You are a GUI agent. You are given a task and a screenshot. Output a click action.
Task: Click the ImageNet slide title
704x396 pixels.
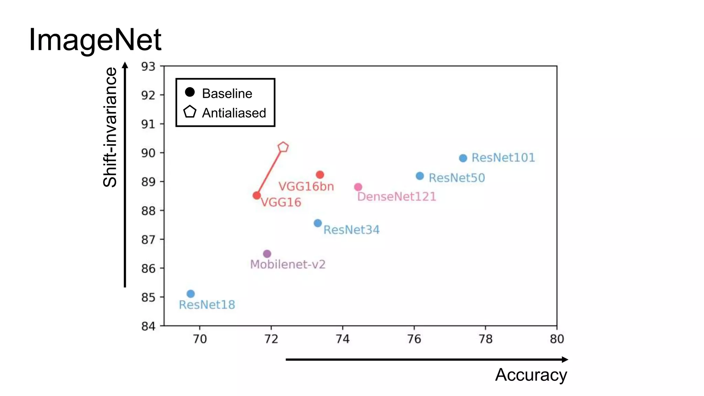tap(95, 40)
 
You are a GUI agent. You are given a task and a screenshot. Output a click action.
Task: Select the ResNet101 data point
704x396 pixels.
tap(463, 158)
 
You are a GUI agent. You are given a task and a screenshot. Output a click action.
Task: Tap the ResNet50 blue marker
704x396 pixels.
tap(420, 176)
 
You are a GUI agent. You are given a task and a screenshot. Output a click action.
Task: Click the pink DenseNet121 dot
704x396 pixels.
tap(358, 187)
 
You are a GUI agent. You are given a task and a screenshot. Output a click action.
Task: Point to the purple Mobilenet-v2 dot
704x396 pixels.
tap(267, 254)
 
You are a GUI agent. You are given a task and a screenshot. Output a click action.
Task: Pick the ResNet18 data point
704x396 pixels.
tap(191, 294)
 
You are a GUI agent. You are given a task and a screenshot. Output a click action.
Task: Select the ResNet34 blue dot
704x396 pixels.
tap(318, 223)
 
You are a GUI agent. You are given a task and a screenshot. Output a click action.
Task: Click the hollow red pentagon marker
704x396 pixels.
tap(283, 147)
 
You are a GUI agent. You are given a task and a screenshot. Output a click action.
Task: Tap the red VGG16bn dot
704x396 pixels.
tap(320, 175)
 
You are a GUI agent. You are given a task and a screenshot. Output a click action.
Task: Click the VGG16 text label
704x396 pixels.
tap(281, 202)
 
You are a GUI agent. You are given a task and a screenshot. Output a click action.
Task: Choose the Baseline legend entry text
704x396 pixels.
tap(227, 93)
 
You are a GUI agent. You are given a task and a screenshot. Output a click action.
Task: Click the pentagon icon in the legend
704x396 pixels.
tap(190, 112)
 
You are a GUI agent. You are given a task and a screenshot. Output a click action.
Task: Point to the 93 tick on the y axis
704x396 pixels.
tap(148, 66)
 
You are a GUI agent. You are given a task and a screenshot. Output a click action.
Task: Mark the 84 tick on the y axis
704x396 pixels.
tap(148, 326)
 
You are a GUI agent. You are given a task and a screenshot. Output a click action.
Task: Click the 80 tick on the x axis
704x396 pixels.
tap(557, 339)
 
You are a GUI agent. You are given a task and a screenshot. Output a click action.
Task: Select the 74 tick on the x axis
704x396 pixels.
tap(342, 339)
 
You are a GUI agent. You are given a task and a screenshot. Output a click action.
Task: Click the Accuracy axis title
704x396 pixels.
tap(531, 375)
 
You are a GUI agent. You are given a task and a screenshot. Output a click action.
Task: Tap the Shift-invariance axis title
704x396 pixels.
tap(110, 127)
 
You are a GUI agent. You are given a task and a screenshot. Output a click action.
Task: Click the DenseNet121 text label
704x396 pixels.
tap(396, 197)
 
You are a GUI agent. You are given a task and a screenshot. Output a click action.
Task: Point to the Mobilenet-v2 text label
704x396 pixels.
tap(288, 264)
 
